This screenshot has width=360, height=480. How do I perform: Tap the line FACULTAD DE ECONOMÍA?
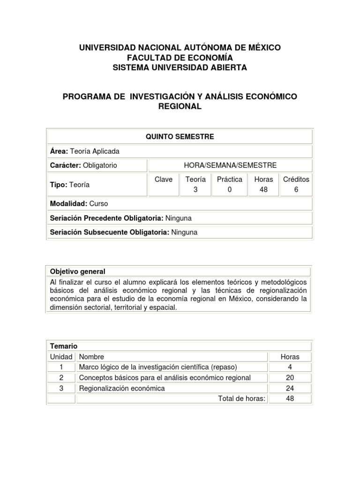pyautogui.click(x=180, y=58)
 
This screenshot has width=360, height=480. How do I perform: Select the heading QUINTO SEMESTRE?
pyautogui.click(x=180, y=136)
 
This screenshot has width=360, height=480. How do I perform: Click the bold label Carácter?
pyautogui.click(x=66, y=165)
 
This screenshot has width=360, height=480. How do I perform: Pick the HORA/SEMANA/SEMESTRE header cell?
pyautogui.click(x=230, y=165)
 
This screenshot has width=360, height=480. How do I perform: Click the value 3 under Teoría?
pyautogui.click(x=195, y=190)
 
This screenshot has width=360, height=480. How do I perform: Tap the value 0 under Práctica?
pyautogui.click(x=230, y=190)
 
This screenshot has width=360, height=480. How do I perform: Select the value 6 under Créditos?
pyautogui.click(x=296, y=190)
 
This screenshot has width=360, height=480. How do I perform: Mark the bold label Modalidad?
pyautogui.click(x=67, y=204)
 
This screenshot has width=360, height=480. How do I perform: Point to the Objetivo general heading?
pyautogui.click(x=78, y=271)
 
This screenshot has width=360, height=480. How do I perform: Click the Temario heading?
pyautogui.click(x=64, y=346)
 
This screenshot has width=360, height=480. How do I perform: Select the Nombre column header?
pyautogui.click(x=92, y=357)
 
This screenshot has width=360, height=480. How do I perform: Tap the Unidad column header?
pyautogui.click(x=61, y=357)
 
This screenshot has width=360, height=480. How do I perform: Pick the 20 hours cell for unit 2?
pyautogui.click(x=290, y=378)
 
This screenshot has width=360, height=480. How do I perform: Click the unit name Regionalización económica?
pyautogui.click(x=122, y=388)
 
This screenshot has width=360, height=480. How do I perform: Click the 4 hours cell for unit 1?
pyautogui.click(x=290, y=367)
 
